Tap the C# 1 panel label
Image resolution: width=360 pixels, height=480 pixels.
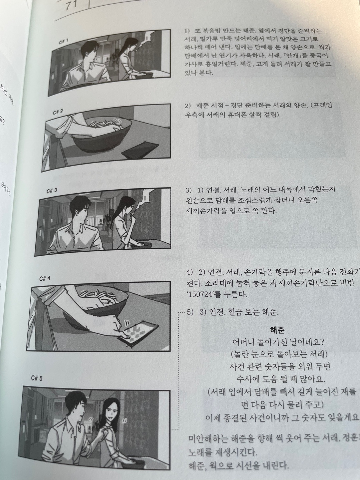pos(63,42)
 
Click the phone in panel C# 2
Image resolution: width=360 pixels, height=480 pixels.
pos(139,150)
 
